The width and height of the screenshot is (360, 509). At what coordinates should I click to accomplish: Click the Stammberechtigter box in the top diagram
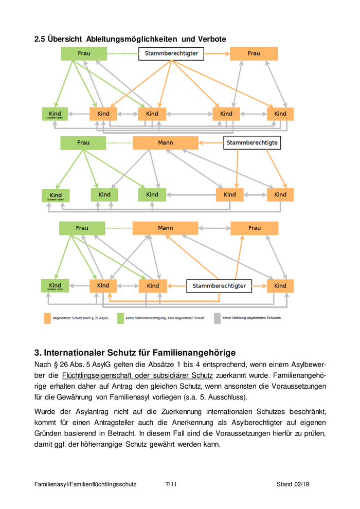171,53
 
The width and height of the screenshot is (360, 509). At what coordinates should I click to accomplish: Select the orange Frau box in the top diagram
254,53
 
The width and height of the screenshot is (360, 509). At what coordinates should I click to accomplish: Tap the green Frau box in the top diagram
83,53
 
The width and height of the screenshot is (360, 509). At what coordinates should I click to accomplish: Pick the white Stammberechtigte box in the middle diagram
252,142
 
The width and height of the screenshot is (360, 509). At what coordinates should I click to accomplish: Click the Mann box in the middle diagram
165,142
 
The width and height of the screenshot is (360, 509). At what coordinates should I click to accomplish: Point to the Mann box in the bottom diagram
165,228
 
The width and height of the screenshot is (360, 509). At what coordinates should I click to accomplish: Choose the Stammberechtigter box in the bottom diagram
219,285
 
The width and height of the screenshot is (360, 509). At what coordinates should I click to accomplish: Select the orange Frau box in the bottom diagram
254,228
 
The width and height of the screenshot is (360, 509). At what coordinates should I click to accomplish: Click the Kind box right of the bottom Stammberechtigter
280,285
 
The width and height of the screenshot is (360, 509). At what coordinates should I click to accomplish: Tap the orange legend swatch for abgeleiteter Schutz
47,318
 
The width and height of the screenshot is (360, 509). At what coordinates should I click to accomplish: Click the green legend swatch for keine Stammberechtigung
121,318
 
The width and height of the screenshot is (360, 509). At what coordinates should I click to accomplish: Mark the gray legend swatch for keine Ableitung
217,318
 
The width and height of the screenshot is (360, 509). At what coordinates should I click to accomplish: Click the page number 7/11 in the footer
171,484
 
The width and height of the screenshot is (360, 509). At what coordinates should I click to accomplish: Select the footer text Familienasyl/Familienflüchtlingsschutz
85,484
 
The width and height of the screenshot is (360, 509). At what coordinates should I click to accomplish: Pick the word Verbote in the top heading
212,39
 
